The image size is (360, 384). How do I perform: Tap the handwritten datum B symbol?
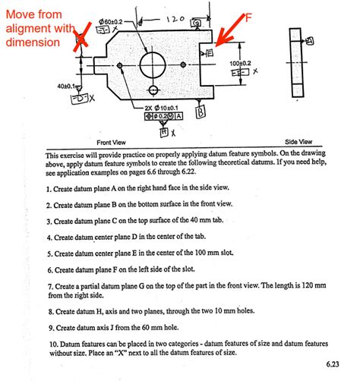pos(201,113)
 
